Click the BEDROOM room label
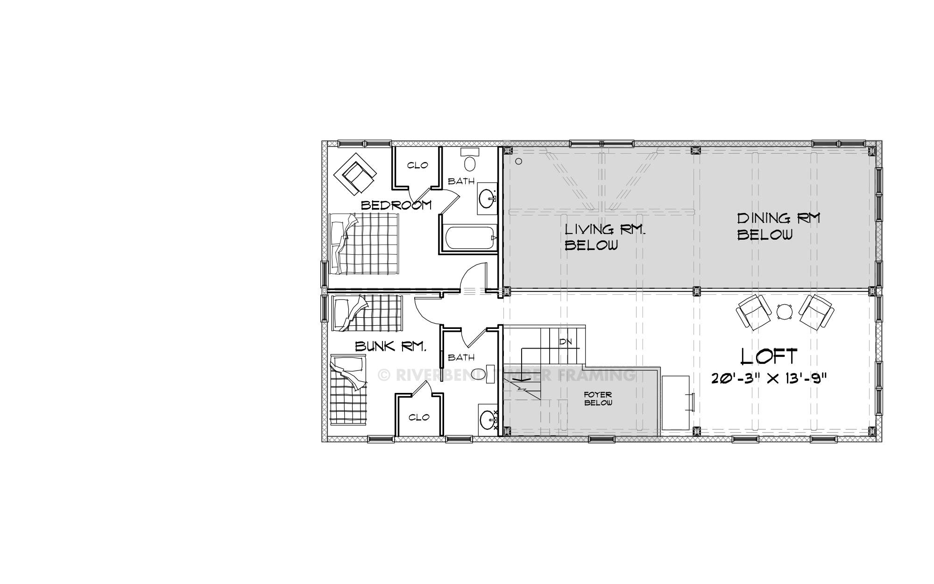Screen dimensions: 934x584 point(396,205)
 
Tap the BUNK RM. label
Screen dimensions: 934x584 point(391,346)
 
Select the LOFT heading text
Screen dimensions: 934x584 point(769,356)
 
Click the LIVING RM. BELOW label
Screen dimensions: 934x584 point(605,237)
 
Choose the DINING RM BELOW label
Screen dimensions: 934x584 point(778,227)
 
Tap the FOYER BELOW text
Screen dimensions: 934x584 point(598,399)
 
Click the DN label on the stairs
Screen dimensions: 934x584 point(566,342)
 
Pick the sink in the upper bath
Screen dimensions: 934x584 point(487,198)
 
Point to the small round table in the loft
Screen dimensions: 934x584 point(785,312)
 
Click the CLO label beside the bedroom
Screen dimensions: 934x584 point(417,165)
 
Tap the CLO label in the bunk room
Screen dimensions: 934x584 point(419,417)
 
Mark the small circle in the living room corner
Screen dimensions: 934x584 point(519,162)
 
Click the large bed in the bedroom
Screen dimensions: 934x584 point(365,244)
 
